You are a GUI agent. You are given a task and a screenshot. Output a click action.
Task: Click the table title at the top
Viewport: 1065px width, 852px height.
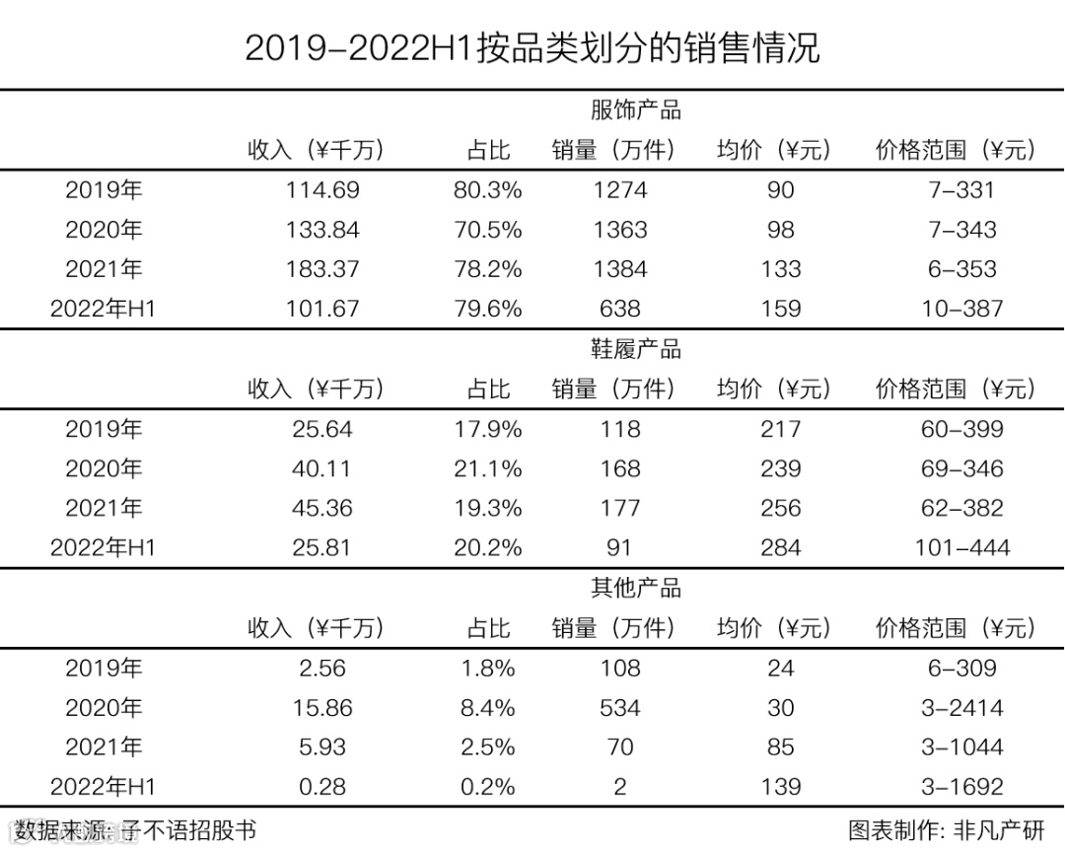coord(532,47)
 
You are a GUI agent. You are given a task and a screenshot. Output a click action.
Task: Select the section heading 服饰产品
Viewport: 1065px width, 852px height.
coord(635,109)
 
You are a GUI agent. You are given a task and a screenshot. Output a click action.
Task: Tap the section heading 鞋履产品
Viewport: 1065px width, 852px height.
coord(635,349)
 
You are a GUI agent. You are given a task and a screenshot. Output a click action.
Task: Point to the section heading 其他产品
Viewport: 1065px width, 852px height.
coord(635,589)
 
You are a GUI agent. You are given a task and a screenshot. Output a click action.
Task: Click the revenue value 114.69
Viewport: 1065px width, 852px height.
coord(322,190)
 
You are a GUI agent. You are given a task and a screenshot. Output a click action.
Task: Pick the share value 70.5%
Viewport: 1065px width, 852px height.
coord(487,230)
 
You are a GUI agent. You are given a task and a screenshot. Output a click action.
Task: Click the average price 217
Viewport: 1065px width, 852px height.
coord(780,429)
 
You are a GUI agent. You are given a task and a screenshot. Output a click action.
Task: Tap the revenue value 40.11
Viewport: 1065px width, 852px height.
coord(322,468)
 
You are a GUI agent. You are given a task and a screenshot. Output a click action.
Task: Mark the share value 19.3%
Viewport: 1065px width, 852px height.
coord(487,508)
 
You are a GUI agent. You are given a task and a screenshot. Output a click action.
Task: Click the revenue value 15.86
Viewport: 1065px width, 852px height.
coord(322,708)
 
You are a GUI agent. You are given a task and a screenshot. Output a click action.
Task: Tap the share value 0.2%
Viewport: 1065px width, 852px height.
coord(487,787)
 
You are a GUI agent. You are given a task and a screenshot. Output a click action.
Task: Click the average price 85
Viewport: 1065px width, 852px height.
coord(780,747)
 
